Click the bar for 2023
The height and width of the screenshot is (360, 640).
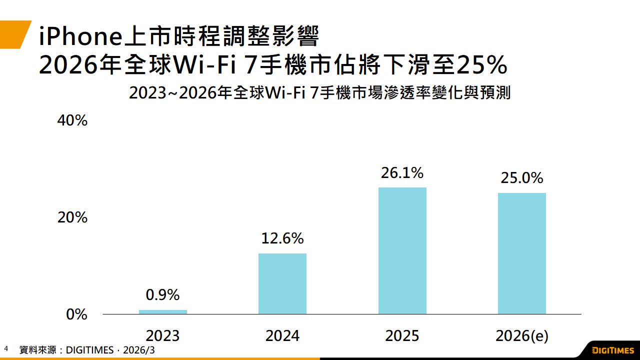(163, 312)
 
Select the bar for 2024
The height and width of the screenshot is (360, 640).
(282, 284)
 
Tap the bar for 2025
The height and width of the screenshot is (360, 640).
(402, 251)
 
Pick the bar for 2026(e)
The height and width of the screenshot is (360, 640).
(522, 253)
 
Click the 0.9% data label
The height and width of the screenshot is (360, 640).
(163, 295)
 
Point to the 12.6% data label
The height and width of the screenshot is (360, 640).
(282, 238)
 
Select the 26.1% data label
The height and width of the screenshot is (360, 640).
(402, 173)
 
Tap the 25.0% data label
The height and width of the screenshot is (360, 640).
(522, 178)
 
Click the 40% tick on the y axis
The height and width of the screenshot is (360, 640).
(73, 120)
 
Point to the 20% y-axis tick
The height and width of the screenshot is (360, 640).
(73, 217)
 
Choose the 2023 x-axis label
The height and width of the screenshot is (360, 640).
(163, 335)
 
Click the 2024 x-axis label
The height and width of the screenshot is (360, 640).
(282, 335)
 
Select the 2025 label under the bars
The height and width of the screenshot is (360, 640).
(402, 335)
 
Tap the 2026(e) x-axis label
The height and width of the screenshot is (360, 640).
(522, 336)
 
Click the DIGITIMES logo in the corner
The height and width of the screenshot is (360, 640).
(612, 349)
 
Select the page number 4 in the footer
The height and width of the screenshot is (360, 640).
(6, 348)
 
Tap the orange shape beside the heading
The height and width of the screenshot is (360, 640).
(14, 34)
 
